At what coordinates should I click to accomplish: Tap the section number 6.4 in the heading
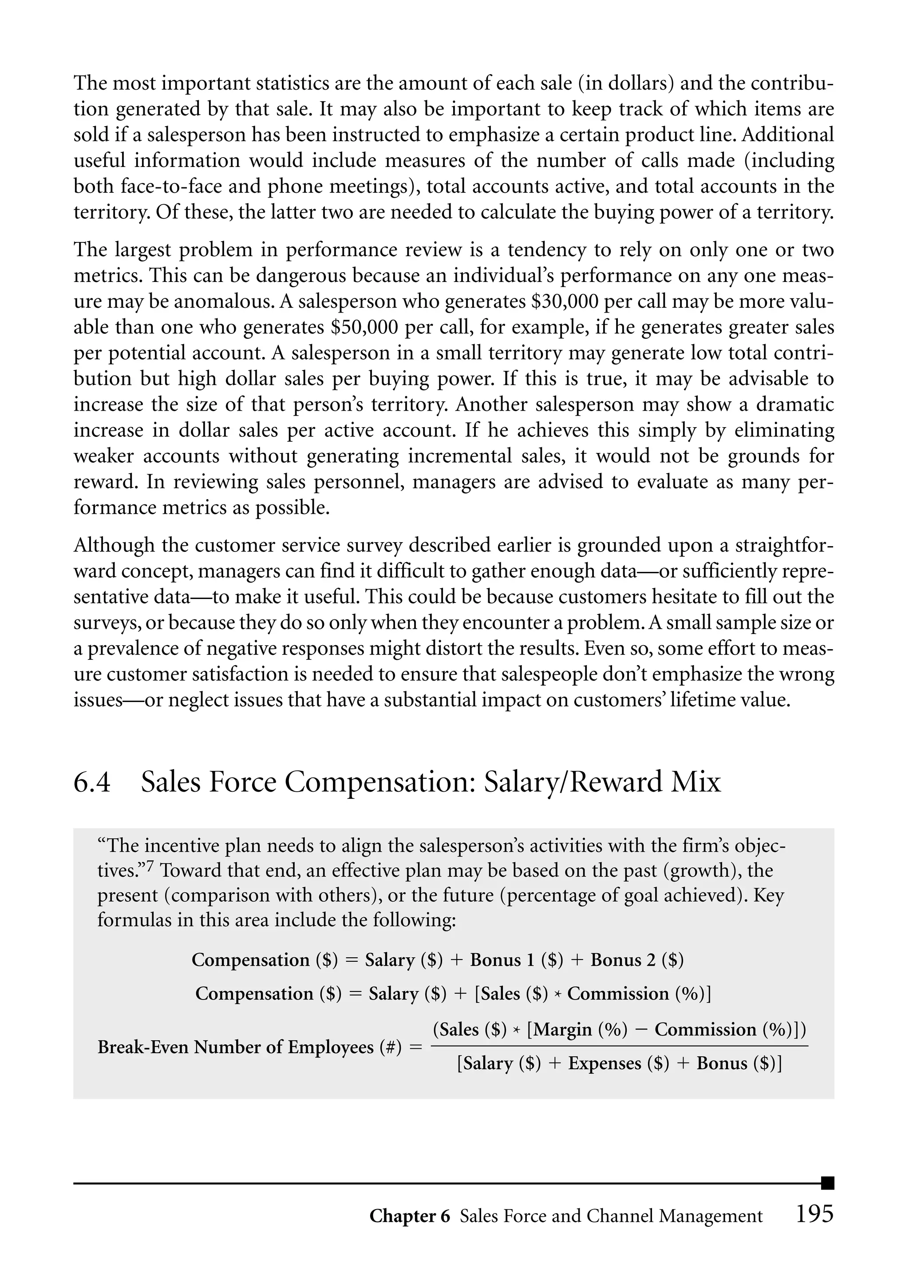pos(92,782)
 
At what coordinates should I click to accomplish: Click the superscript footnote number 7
pos(150,867)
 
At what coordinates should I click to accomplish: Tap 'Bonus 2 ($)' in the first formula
pos(637,960)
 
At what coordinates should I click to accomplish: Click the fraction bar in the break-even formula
pos(620,1046)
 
